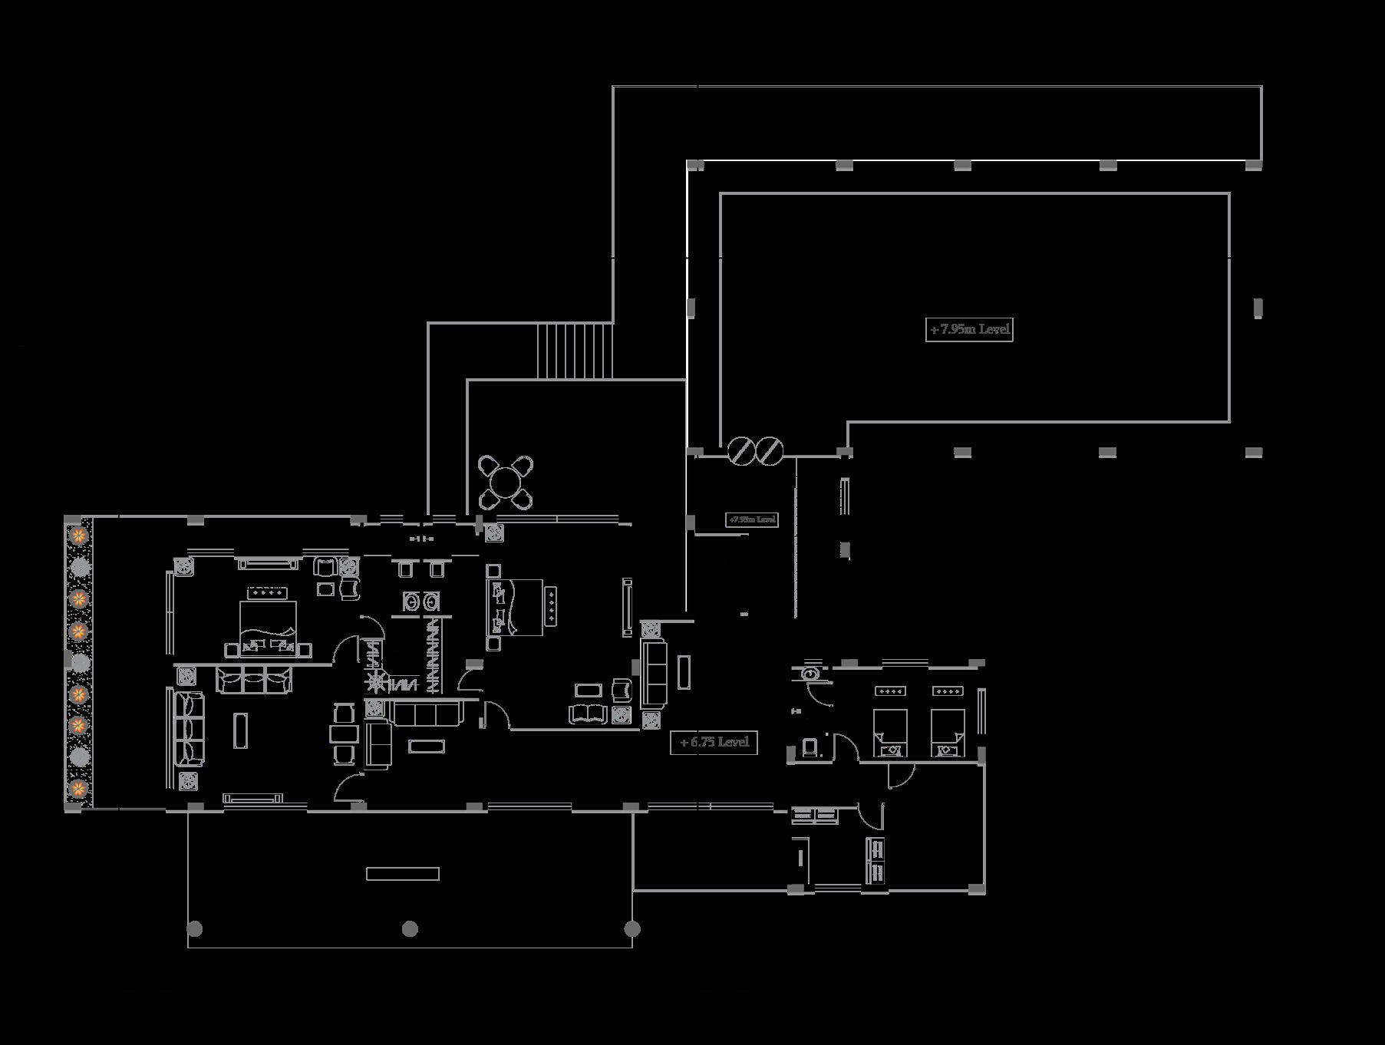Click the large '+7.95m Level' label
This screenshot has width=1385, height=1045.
[969, 330]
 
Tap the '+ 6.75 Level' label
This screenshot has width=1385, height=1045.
[714, 743]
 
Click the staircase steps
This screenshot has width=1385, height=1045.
[575, 351]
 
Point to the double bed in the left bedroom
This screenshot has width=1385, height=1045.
[268, 626]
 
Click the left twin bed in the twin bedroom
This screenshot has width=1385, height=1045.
[890, 732]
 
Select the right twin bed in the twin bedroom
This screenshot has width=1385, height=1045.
[947, 732]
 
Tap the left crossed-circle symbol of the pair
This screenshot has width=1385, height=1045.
[741, 450]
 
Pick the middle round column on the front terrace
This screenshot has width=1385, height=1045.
[411, 929]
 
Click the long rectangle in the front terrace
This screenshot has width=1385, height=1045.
[403, 873]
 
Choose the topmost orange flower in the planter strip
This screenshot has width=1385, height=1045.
[77, 534]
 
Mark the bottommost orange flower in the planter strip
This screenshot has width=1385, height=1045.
[77, 788]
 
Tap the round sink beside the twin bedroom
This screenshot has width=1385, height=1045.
[810, 674]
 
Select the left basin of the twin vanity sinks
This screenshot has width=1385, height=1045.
[412, 602]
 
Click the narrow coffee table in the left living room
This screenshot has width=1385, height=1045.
[241, 730]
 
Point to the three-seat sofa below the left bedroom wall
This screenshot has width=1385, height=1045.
[254, 680]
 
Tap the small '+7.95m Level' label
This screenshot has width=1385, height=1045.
[752, 519]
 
